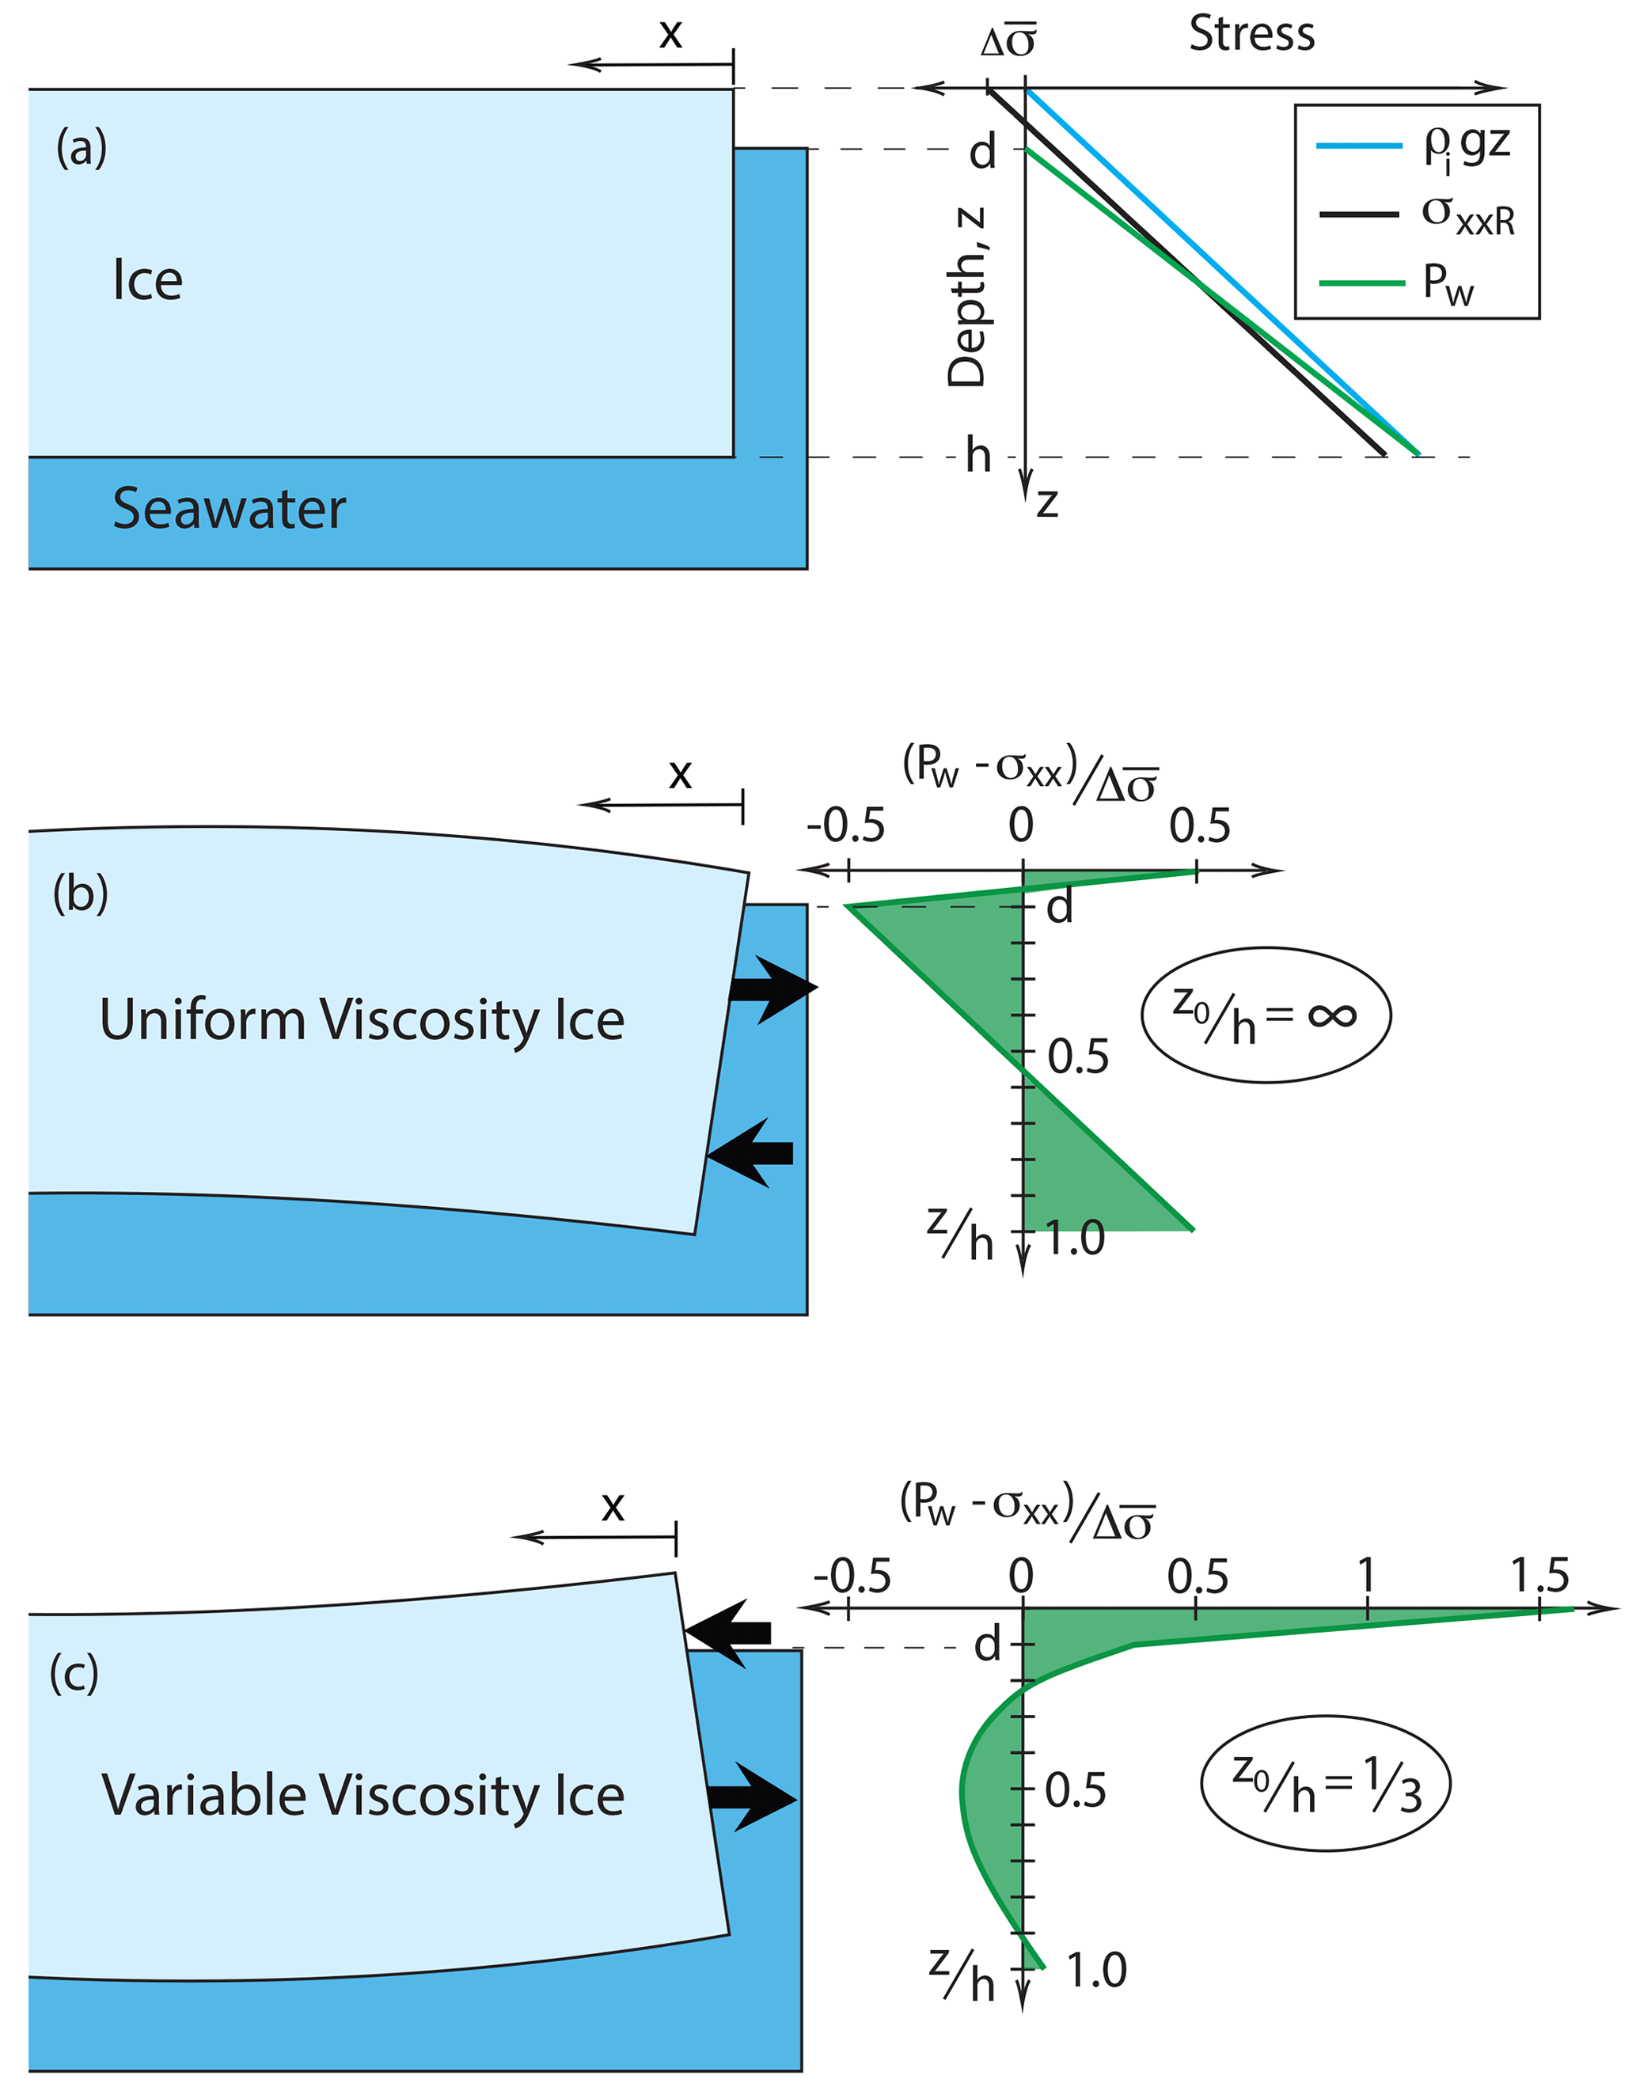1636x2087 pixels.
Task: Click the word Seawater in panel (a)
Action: coord(229,509)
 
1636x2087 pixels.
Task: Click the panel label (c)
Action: coord(74,1673)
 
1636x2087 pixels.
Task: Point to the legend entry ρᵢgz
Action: coord(1467,146)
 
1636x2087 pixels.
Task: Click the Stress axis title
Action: coord(1252,35)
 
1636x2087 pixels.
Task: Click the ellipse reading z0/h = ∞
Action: coord(1266,1015)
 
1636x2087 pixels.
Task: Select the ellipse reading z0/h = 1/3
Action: coord(1326,1783)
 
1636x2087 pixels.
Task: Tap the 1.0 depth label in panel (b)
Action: coord(1075,1239)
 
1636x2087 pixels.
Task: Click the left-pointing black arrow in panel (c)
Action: coord(730,1633)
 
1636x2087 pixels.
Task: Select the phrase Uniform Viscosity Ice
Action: coord(362,1019)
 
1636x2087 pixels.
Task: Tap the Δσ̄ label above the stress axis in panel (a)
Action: coord(1008,42)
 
